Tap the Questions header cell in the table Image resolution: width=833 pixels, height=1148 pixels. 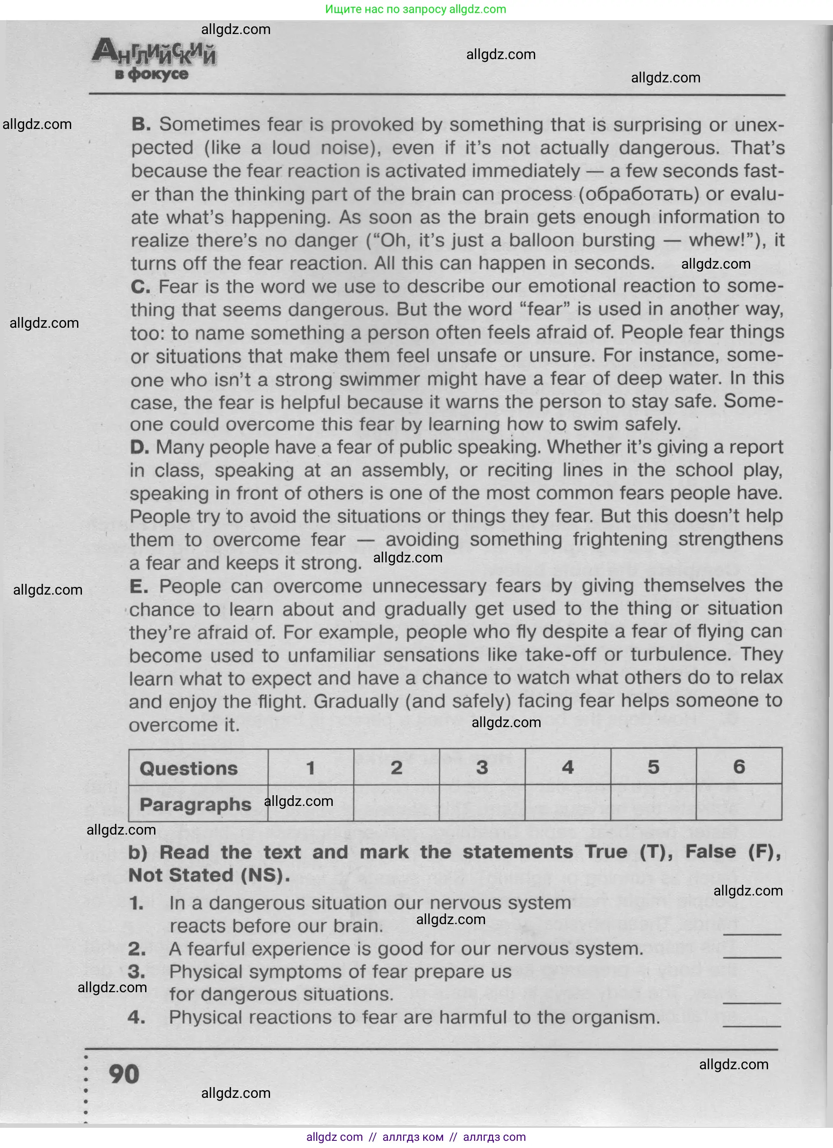pos(189,768)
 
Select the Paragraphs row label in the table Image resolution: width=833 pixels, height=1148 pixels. pos(195,804)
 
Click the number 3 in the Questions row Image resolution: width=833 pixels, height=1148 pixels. pos(481,768)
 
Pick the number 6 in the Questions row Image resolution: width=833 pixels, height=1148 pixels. pos(739,767)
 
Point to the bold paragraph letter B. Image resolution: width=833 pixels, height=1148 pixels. pos(141,124)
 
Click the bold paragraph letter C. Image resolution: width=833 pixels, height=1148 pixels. pos(140,287)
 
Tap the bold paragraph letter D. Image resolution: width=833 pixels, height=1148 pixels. pos(139,447)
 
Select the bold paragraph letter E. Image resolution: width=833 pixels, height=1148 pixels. pos(139,587)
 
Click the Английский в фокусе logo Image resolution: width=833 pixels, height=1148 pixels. pos(154,61)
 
